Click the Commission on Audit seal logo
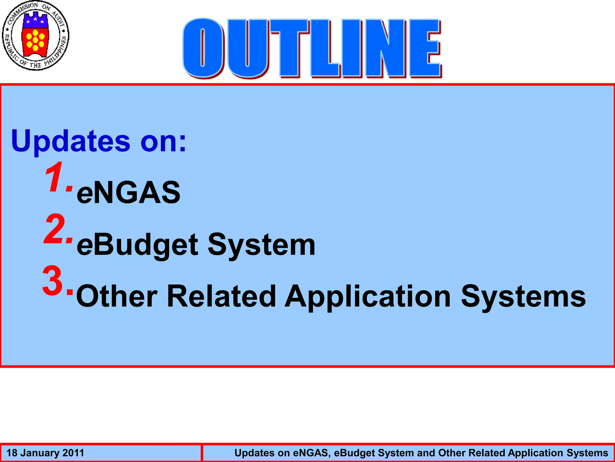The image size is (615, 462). pyautogui.click(x=35, y=35)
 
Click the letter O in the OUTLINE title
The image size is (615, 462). pyautogui.click(x=203, y=48)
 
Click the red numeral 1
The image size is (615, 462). pyautogui.click(x=56, y=177)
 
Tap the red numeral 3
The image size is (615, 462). pyautogui.click(x=53, y=281)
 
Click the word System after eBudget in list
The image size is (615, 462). pyautogui.click(x=261, y=245)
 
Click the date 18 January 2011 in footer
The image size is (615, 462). pyautogui.click(x=45, y=453)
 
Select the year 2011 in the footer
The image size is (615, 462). pyautogui.click(x=73, y=453)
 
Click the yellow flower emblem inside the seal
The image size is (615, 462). pyautogui.click(x=35, y=40)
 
